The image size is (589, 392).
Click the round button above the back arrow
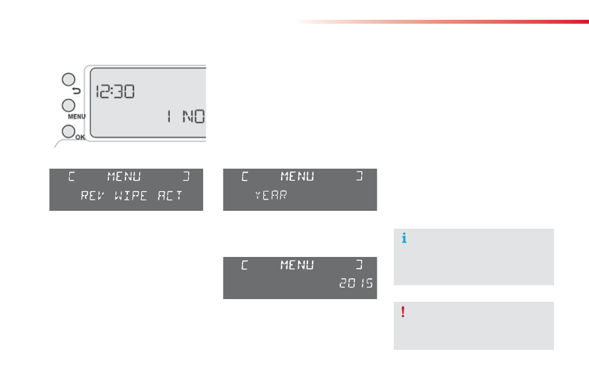69,80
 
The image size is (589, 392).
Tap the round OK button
69,132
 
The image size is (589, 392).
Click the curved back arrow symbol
77,91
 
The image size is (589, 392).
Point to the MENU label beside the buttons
77,117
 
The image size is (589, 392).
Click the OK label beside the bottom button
80,137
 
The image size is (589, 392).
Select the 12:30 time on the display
115,92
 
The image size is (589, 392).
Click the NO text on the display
193,117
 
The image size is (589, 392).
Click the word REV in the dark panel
92,196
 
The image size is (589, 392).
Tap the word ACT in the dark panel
170,196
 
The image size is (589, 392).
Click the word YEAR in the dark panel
271,195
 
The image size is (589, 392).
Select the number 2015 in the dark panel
356,283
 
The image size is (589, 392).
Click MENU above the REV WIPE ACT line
124,177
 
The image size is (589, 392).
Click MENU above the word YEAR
297,177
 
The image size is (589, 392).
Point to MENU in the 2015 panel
297,265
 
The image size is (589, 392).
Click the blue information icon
404,238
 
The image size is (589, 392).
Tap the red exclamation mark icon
403,312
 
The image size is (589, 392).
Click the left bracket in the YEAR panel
245,177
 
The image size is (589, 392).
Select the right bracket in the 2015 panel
359,265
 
